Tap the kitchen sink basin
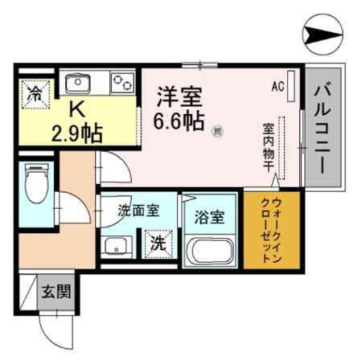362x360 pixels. point(80,83)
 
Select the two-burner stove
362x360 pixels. point(122,83)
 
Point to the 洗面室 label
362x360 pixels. point(138,211)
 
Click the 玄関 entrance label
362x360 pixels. point(56,291)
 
